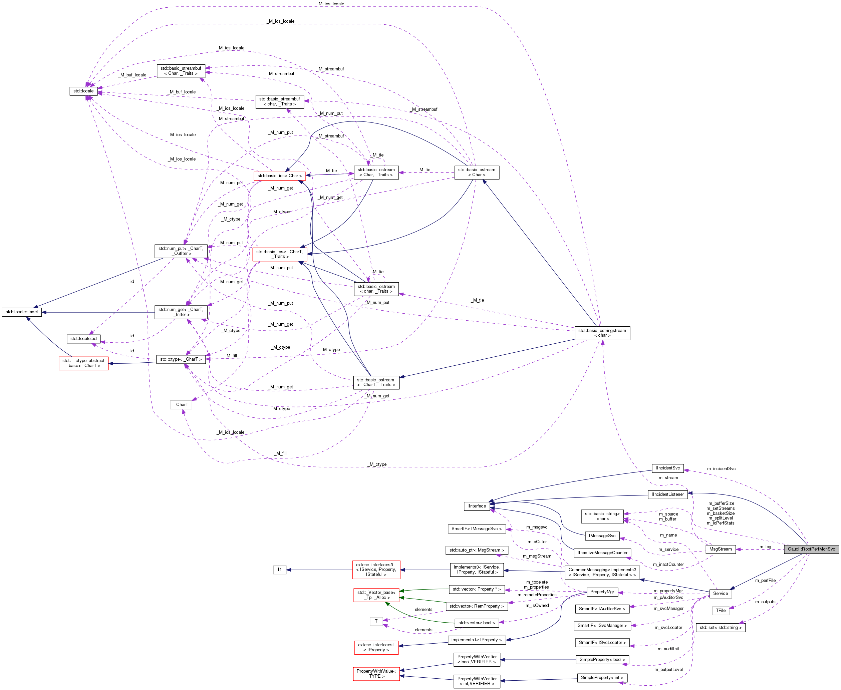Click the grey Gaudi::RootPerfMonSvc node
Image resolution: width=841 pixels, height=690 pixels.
click(811, 549)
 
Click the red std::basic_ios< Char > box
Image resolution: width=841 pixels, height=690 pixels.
click(279, 176)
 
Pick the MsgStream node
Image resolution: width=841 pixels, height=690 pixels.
click(720, 549)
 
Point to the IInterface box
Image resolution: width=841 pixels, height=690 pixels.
click(477, 506)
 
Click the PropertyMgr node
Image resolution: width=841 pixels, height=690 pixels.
click(602, 592)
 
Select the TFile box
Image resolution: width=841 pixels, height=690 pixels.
click(721, 610)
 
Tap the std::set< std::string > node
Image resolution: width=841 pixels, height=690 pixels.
click(720, 628)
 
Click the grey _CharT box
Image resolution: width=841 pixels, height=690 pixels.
click(181, 405)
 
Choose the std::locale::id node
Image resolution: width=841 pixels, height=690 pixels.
click(83, 339)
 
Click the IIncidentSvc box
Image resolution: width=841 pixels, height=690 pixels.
click(668, 468)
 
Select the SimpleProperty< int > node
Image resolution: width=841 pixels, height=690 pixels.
click(602, 677)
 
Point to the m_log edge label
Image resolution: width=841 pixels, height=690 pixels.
click(765, 547)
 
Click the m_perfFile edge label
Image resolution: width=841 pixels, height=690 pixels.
click(765, 580)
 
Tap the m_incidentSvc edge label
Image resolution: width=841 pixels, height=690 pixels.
click(721, 468)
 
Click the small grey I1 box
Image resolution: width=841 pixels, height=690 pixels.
click(279, 570)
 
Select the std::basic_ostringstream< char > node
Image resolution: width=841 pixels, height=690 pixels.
click(602, 333)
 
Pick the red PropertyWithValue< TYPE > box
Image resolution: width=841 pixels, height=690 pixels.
click(376, 673)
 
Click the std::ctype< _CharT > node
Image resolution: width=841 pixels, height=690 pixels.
click(181, 359)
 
